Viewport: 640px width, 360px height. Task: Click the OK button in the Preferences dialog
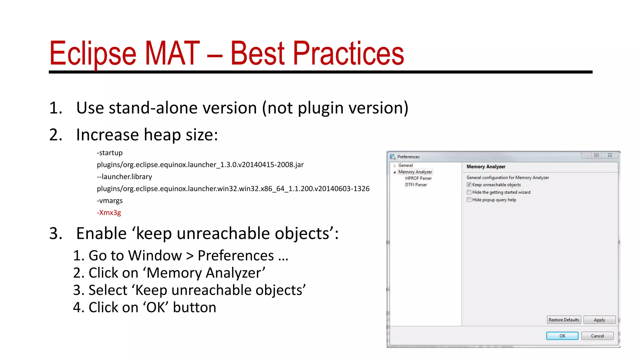point(562,336)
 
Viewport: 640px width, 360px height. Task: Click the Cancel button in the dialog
point(597,336)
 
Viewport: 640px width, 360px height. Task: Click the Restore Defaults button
point(564,320)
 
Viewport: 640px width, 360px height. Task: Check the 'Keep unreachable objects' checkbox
point(469,185)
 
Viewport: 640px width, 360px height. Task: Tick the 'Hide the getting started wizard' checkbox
point(469,192)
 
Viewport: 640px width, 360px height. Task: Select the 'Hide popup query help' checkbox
point(469,200)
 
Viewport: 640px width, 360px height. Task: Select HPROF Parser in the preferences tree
point(418,178)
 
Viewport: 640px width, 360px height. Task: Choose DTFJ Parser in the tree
point(416,185)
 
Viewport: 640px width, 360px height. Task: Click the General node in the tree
point(405,165)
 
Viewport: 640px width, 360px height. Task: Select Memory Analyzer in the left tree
point(415,172)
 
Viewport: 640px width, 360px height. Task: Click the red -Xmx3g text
point(109,212)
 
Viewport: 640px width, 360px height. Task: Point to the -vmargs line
point(110,201)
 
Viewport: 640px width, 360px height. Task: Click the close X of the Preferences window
point(610,155)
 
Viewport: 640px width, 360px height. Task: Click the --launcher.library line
point(124,177)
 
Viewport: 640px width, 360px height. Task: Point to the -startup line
point(110,153)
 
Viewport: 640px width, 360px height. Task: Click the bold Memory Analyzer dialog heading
point(486,167)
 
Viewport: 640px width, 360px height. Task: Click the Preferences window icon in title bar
point(392,157)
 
